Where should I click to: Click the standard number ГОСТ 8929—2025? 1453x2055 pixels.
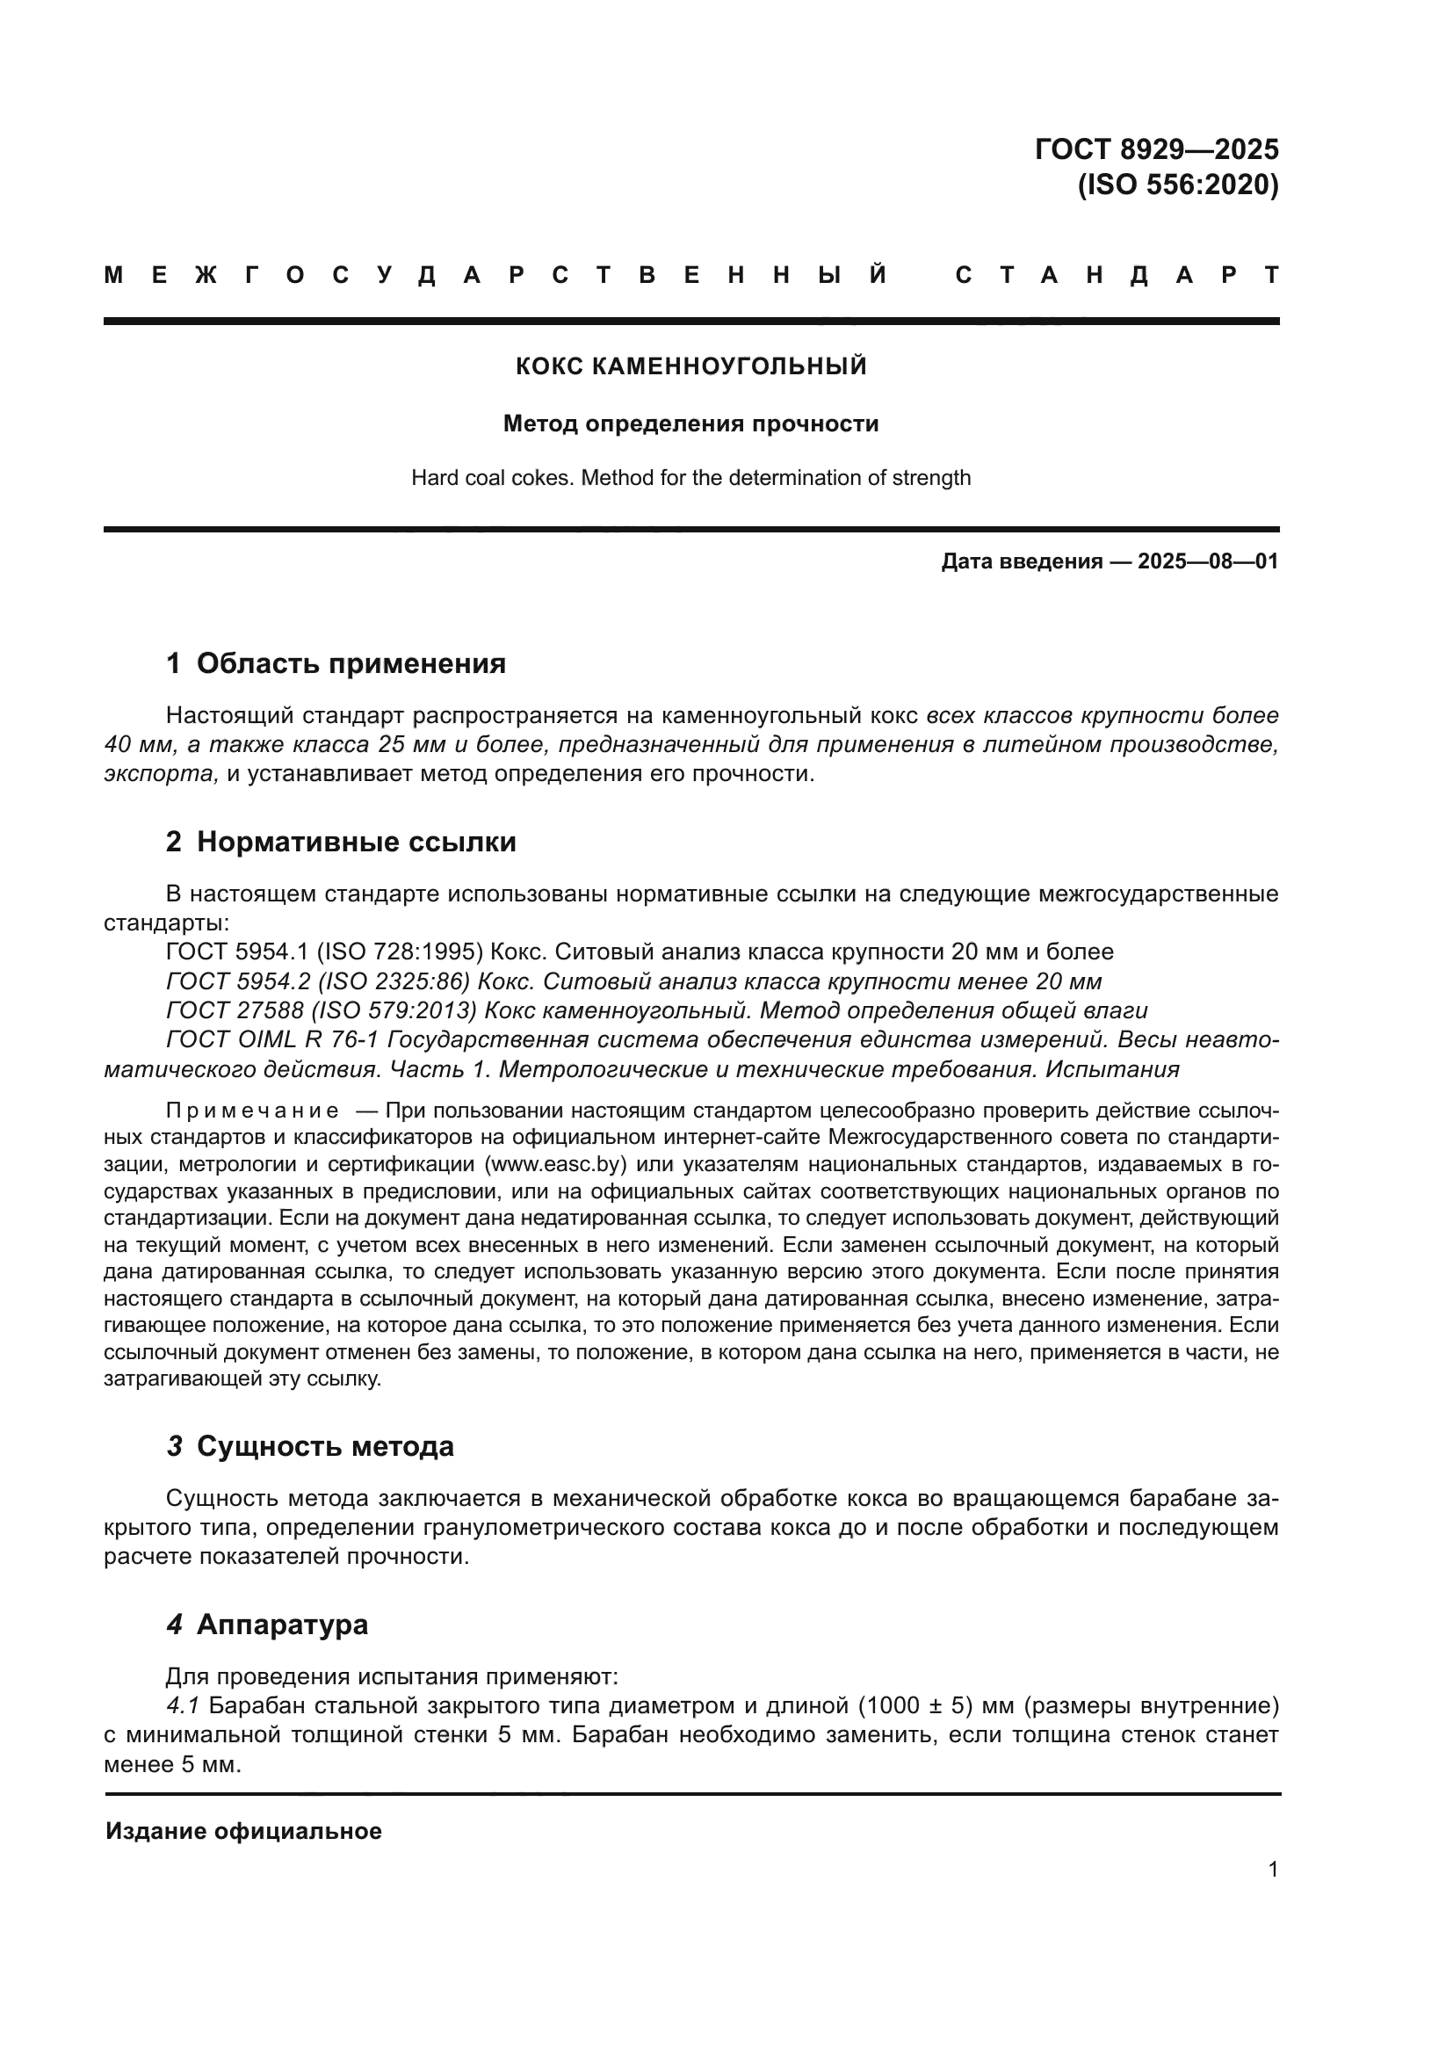coord(1156,148)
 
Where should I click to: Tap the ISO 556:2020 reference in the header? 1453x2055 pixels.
coord(1177,185)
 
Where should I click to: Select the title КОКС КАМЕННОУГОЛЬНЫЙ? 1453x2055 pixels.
coord(690,366)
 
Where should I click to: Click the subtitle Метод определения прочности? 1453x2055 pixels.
coord(690,423)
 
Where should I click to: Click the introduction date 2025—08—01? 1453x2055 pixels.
coord(1208,561)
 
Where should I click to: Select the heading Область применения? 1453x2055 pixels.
coord(351,663)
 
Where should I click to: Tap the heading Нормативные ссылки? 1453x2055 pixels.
coord(356,842)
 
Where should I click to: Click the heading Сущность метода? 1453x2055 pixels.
coord(325,1445)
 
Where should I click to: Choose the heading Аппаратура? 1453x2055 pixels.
coord(282,1624)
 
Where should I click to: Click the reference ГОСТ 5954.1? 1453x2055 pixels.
coord(237,952)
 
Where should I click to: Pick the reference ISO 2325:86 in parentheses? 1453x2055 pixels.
coord(394,981)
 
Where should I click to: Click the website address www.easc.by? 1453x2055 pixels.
coord(560,1164)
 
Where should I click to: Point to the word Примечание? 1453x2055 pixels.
coord(252,1111)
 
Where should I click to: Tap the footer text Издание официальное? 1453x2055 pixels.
coord(243,1831)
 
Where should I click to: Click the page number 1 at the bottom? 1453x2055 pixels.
coord(1273,1869)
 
